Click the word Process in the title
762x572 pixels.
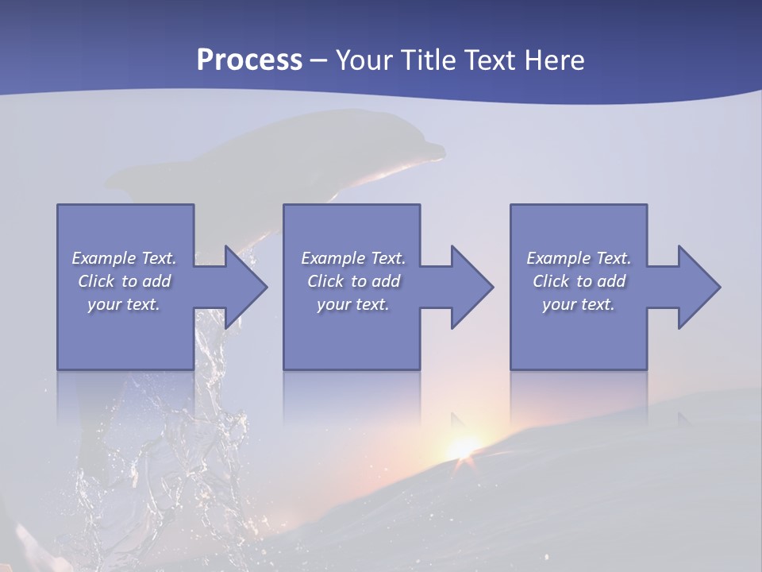[249, 60]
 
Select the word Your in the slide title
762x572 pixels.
[361, 60]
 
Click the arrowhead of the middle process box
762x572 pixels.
[471, 287]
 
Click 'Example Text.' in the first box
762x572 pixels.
[124, 258]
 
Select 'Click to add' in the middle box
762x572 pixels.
[353, 281]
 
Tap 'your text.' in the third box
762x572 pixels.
[579, 304]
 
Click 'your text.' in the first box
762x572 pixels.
[124, 304]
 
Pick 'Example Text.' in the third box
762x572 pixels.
[579, 258]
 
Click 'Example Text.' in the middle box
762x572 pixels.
[353, 258]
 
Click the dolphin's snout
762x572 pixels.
[433, 149]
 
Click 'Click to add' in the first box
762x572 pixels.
[124, 281]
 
